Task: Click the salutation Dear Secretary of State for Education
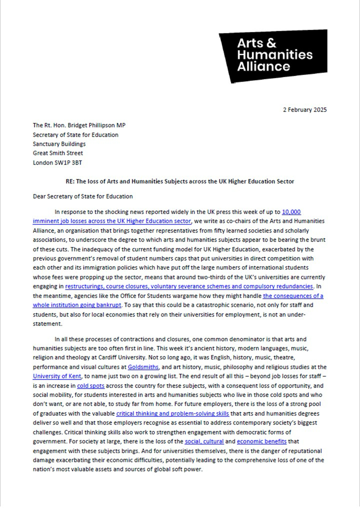click(x=83, y=196)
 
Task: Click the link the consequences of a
click(x=293, y=296)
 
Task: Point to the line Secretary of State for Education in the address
click(x=75, y=134)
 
